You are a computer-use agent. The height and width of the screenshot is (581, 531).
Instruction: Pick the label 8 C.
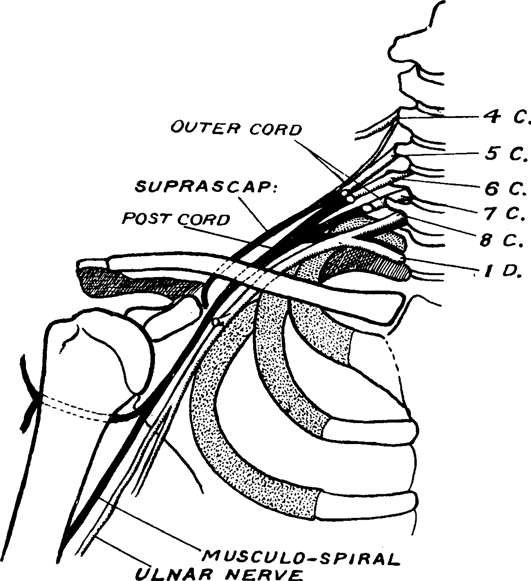pos(502,240)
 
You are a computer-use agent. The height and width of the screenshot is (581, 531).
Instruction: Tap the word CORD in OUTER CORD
pos(275,130)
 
